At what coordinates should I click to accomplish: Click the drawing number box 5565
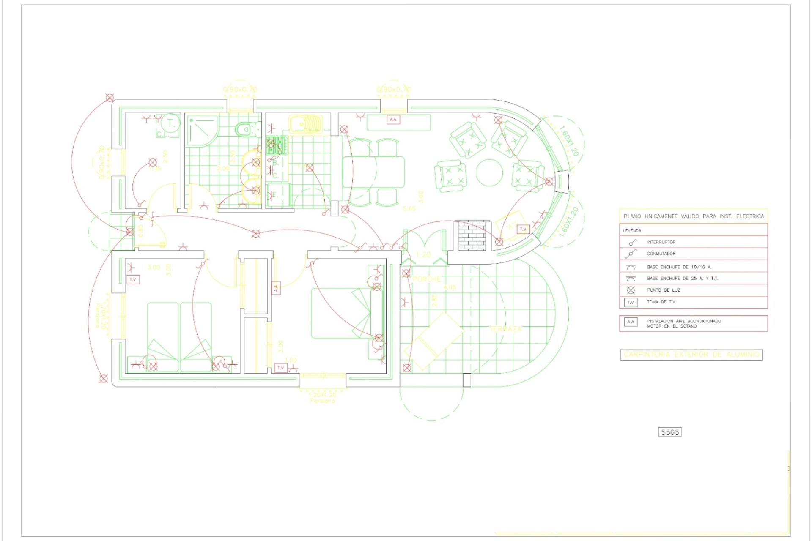669,432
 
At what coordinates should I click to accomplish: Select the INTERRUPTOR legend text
661,242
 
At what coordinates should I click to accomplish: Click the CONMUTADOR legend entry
661,254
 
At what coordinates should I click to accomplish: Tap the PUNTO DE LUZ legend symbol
631,290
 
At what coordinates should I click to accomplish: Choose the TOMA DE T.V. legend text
661,302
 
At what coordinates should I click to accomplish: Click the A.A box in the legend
631,322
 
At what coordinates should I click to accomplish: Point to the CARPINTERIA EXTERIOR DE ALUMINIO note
691,355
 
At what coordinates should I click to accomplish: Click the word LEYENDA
632,231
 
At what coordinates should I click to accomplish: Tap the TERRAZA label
506,328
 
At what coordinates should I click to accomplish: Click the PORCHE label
426,279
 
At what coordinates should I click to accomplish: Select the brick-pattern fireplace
472,235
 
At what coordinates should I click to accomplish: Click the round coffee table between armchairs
489,172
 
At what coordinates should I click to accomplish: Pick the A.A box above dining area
393,120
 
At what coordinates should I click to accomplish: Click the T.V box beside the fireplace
523,229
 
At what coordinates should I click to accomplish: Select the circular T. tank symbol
171,123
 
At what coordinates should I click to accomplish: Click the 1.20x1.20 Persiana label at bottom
322,398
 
